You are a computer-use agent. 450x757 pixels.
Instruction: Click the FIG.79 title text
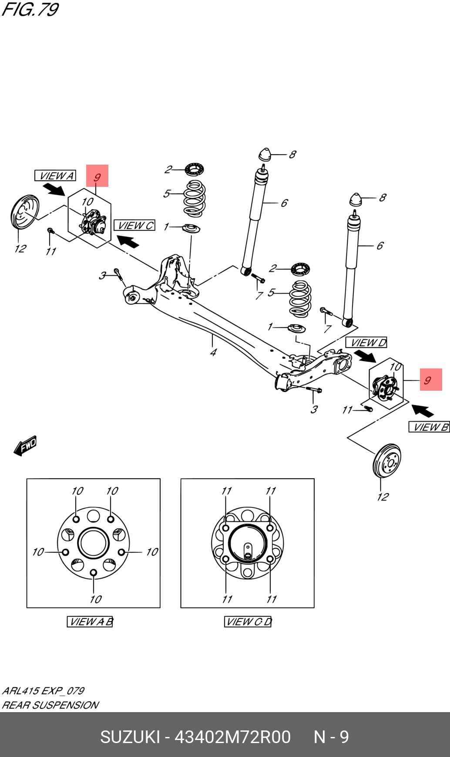[x=30, y=9]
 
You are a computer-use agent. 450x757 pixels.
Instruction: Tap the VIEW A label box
[x=55, y=176]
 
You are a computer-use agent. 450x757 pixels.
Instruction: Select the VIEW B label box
[x=429, y=427]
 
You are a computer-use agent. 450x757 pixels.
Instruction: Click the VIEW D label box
[x=366, y=343]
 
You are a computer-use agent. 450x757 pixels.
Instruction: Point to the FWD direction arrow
[x=25, y=446]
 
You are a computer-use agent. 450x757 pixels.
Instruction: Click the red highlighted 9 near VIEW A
[x=97, y=176]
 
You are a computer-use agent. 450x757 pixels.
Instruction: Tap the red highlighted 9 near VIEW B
[x=430, y=380]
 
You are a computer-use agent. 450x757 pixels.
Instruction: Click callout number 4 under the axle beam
[x=213, y=352]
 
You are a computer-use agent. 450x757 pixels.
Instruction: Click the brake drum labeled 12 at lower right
[x=387, y=460]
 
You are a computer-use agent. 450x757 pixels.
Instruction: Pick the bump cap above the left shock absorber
[x=265, y=155]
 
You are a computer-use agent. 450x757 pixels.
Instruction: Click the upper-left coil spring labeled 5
[x=194, y=199]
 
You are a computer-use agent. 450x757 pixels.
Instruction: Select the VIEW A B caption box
[x=90, y=622]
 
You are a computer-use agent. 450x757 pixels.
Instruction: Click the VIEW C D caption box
[x=248, y=622]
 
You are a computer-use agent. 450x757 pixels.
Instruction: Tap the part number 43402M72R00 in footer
[x=232, y=737]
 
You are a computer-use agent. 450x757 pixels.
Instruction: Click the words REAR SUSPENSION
[x=50, y=705]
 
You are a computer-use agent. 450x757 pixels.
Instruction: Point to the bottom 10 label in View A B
[x=96, y=599]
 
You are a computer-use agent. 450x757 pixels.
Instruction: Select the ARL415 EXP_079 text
[x=43, y=691]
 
